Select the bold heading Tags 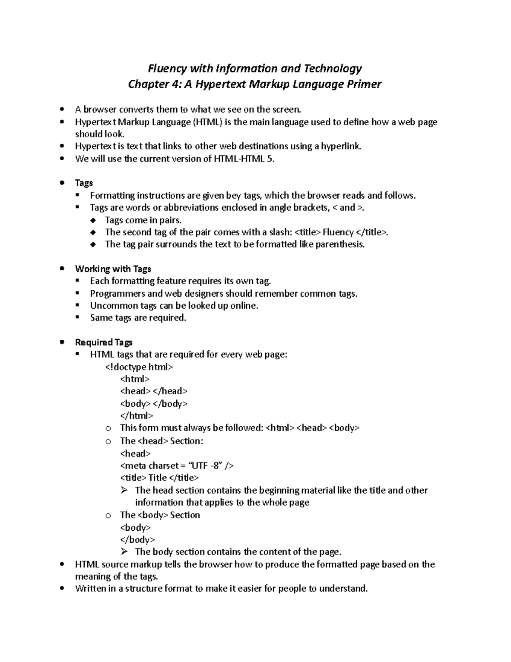(84, 183)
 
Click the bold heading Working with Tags (113, 269)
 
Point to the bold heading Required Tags (103, 342)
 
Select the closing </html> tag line (136, 416)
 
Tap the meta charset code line (177, 465)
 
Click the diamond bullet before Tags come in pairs (93, 220)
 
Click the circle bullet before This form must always (108, 428)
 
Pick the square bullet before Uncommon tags (78, 305)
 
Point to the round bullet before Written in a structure (63, 589)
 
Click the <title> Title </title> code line (159, 478)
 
